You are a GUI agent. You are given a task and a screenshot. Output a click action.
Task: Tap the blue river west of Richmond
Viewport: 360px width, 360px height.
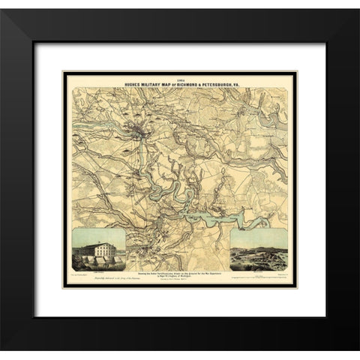(x=105, y=124)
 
